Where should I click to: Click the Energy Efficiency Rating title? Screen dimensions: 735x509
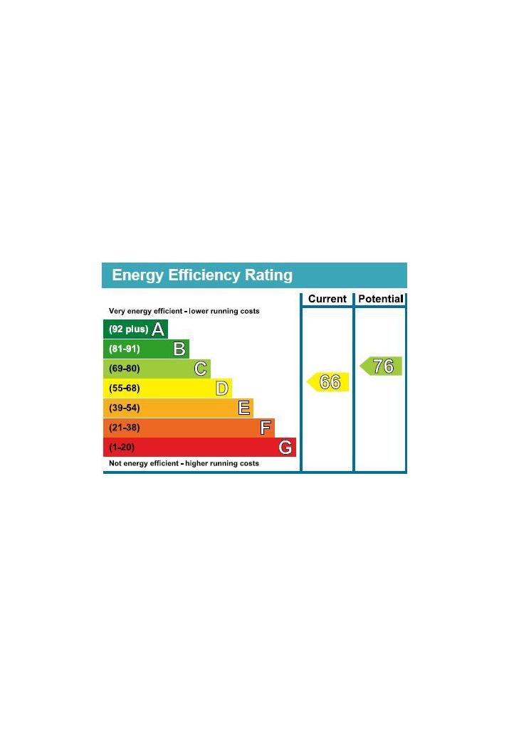coord(202,275)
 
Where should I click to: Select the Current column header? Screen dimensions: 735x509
coord(327,299)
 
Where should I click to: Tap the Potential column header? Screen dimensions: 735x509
coord(380,299)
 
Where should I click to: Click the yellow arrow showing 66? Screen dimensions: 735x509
coord(329,382)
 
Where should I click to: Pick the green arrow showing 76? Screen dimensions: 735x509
coord(382,366)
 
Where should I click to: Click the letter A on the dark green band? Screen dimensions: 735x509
coord(158,329)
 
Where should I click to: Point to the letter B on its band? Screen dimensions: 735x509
coord(179,349)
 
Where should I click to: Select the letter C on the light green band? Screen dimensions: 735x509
coord(201,369)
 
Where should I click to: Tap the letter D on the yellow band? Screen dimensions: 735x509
coord(222,388)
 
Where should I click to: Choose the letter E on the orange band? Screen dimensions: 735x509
coord(243,408)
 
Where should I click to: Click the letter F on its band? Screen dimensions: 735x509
coord(266,428)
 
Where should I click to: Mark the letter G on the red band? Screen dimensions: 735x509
coord(285,448)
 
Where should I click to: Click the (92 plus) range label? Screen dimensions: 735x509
coord(128,329)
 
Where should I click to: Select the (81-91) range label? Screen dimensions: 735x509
coord(125,349)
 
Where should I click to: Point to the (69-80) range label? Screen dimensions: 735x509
coord(125,369)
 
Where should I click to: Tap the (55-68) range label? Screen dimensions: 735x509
coord(125,388)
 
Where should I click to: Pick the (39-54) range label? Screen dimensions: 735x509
coord(125,408)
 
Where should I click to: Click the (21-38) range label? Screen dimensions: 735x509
coord(125,428)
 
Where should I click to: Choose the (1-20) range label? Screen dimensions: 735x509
coord(122,448)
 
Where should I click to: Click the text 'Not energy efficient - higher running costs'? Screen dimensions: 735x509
coord(184,464)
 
